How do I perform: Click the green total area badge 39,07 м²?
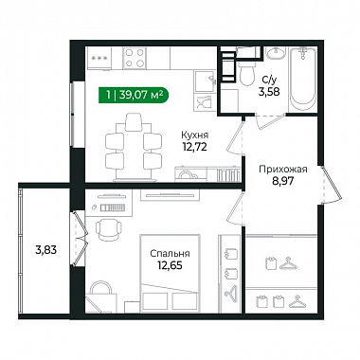(x=134, y=95)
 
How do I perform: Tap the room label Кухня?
(x=194, y=135)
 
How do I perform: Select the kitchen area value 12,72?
(x=194, y=147)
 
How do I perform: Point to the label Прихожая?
(x=283, y=170)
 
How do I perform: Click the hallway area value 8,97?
(x=283, y=181)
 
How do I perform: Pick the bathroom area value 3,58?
(x=269, y=92)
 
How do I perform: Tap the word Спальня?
(x=170, y=253)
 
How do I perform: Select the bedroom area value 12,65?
(x=170, y=265)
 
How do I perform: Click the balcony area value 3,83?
(x=45, y=250)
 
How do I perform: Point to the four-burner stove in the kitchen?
(x=135, y=58)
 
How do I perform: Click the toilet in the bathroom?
(x=246, y=72)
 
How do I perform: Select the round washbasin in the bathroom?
(x=276, y=53)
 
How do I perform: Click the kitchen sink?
(x=205, y=81)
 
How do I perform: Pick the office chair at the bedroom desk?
(x=109, y=228)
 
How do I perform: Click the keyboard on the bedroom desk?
(x=113, y=207)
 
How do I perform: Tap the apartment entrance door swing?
(x=332, y=186)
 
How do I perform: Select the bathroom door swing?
(x=269, y=121)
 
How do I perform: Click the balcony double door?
(x=79, y=238)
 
